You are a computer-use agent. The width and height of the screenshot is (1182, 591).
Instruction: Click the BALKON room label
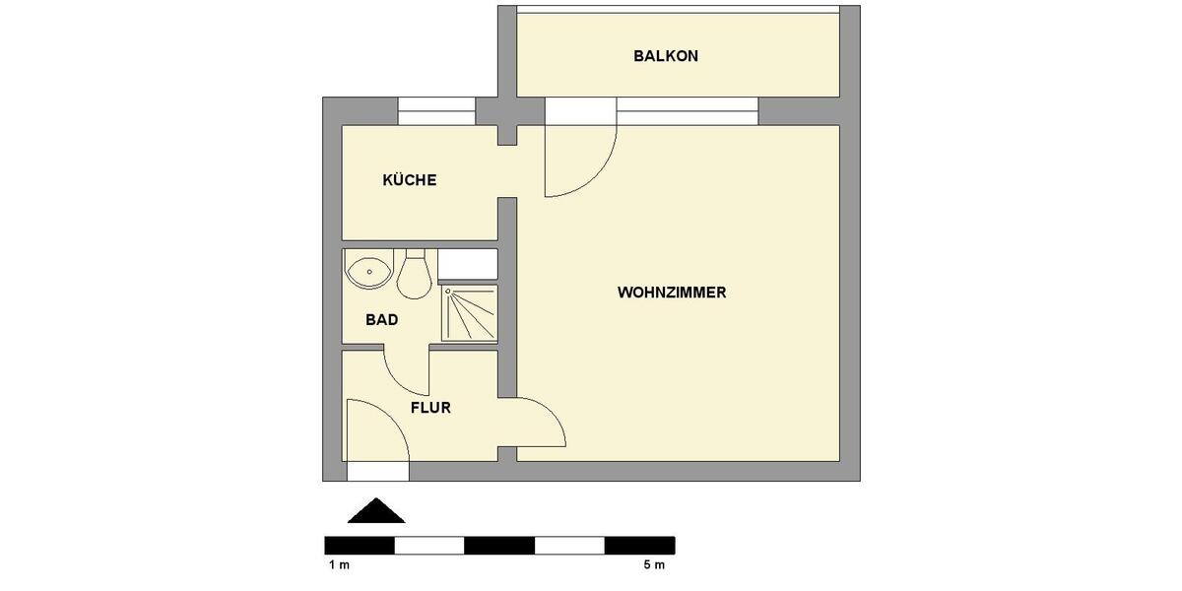pyautogui.click(x=666, y=56)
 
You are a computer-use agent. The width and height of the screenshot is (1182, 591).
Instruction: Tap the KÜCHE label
pyautogui.click(x=409, y=180)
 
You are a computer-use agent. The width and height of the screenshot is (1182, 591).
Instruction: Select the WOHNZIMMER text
pyautogui.click(x=672, y=293)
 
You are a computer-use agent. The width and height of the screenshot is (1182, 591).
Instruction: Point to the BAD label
pyautogui.click(x=381, y=319)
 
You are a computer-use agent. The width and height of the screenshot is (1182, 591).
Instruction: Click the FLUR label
pyautogui.click(x=430, y=407)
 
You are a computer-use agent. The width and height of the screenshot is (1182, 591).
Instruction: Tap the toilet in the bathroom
pyautogui.click(x=414, y=275)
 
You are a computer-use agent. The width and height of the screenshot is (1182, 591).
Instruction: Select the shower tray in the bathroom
pyautogui.click(x=468, y=312)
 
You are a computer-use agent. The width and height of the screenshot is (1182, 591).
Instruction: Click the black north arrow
pyautogui.click(x=376, y=511)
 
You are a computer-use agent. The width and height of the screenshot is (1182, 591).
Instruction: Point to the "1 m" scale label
pyautogui.click(x=339, y=565)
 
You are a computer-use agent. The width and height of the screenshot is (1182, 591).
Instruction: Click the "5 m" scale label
pyautogui.click(x=654, y=565)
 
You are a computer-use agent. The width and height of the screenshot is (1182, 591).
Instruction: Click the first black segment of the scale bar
pyautogui.click(x=360, y=545)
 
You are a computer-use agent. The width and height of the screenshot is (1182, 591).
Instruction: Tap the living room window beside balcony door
pyautogui.click(x=687, y=111)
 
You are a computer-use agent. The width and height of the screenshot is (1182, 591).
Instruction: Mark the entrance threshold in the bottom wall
pyautogui.click(x=377, y=472)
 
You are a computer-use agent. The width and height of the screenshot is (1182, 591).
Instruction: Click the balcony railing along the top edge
pyautogui.click(x=678, y=9)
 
